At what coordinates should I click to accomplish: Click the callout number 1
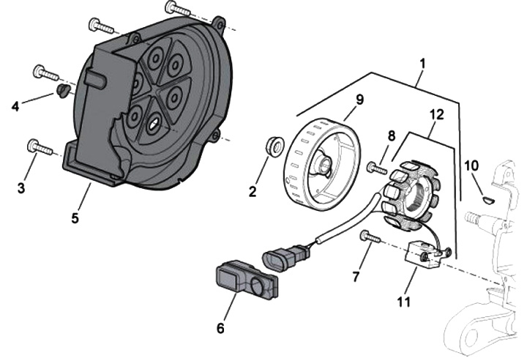coord(422,64)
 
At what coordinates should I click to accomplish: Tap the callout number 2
coord(253,193)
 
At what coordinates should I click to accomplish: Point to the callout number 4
coord(16,107)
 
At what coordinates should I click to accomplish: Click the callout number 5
coord(76,217)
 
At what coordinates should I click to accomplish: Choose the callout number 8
coord(392,136)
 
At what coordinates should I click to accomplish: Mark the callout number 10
coord(471,167)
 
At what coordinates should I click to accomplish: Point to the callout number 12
coord(436,113)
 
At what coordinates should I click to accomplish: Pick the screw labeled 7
coord(370,237)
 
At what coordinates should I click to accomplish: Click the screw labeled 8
coord(377,168)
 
